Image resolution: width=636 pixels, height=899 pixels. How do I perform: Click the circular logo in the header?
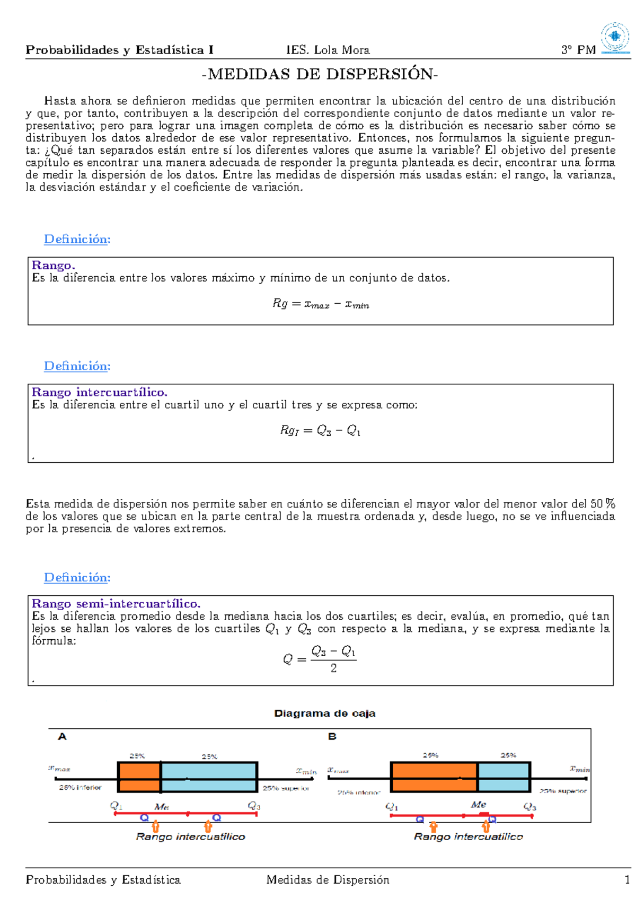(x=615, y=37)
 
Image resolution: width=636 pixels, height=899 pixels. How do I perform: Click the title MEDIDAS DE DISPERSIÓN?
(x=320, y=74)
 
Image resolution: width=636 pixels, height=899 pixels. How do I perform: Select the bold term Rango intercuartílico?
(x=100, y=392)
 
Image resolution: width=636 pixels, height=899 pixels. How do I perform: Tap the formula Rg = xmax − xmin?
(x=321, y=304)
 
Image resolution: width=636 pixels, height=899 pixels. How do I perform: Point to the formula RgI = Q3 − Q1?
(x=321, y=430)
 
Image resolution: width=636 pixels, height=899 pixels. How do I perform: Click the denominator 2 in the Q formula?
(x=333, y=668)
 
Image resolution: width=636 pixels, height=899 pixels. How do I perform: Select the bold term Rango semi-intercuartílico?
(x=116, y=604)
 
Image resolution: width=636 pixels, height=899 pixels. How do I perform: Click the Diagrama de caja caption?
(x=324, y=713)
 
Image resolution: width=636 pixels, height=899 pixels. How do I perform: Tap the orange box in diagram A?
(x=138, y=777)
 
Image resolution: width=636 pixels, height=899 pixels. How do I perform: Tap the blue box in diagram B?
(x=503, y=777)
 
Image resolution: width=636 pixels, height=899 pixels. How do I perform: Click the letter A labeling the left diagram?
(x=62, y=737)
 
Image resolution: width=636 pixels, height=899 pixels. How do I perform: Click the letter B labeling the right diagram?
(x=332, y=737)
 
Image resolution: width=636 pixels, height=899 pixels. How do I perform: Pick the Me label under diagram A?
(x=161, y=807)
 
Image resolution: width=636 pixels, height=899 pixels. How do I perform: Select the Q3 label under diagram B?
(x=529, y=807)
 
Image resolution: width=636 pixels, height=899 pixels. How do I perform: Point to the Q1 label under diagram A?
(x=116, y=806)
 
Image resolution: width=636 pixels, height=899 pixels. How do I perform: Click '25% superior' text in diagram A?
(x=286, y=788)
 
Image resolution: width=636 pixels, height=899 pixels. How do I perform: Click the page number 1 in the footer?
(x=627, y=880)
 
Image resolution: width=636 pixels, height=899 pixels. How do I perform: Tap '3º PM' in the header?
(x=578, y=50)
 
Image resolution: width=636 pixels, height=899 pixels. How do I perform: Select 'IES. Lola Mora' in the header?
(x=328, y=50)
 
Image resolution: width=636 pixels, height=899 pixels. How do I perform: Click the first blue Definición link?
(x=77, y=239)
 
